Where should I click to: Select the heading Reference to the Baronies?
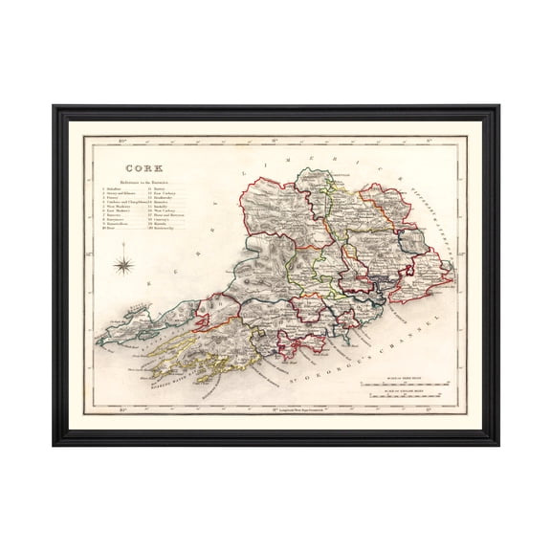click(x=143, y=183)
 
